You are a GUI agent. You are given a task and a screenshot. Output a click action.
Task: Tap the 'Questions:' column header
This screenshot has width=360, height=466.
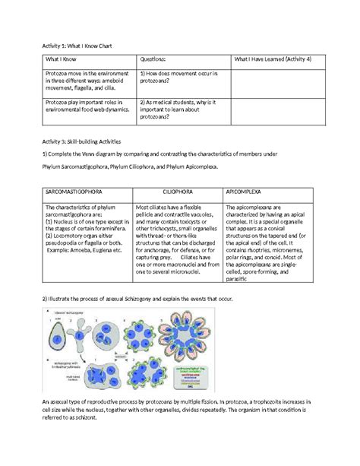(157, 60)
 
